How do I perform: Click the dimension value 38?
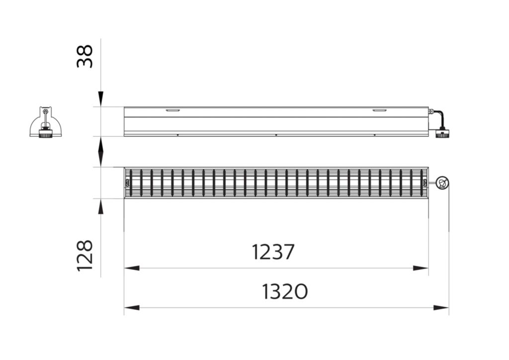(85, 56)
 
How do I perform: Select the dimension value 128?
(85, 255)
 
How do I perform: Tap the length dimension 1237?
(273, 252)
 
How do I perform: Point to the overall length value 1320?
(285, 291)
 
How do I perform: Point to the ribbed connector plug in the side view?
(442, 133)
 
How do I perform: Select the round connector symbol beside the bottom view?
(442, 183)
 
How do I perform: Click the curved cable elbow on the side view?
(438, 117)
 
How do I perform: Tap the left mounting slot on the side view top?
(173, 110)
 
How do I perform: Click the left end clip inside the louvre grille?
(128, 182)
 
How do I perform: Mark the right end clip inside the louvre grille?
(424, 182)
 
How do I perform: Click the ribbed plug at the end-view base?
(46, 133)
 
